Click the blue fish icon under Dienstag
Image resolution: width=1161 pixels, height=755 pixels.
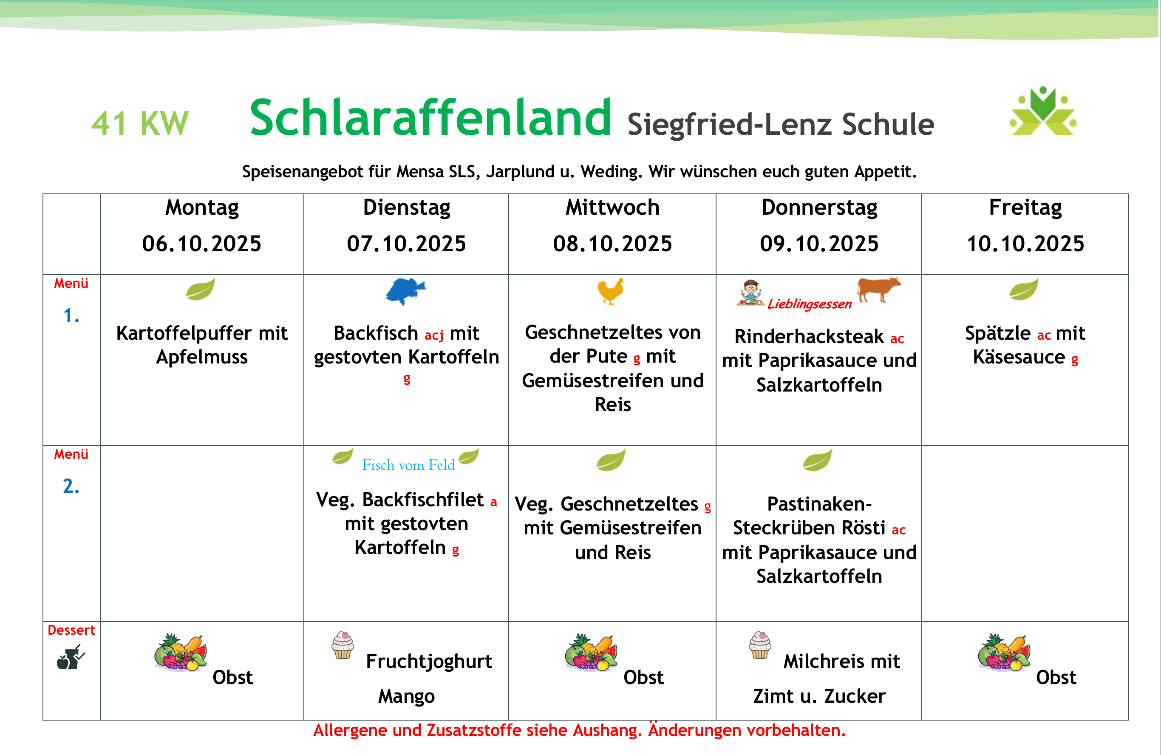pos(405,291)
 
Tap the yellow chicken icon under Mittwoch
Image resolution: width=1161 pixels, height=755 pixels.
pos(610,291)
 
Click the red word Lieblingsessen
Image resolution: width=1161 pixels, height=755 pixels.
pos(809,304)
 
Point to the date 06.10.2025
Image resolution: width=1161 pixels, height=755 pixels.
pos(201,244)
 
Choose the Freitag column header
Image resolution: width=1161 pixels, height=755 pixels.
pos(1025,207)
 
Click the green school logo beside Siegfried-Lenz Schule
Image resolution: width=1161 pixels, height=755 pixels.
pos(1043,111)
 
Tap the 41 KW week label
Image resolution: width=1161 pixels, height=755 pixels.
pos(139,123)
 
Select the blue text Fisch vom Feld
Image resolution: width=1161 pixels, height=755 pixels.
pos(408,465)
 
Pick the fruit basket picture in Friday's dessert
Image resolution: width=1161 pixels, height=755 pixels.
pos(1004,652)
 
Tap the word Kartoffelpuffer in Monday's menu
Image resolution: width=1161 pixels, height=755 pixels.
pos(184,333)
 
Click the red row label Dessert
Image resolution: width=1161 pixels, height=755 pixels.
pos(71,630)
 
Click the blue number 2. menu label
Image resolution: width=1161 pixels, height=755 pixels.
pos(71,486)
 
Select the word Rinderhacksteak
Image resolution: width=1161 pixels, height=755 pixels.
pos(809,337)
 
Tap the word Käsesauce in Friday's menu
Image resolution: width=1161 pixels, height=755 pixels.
pos(1019,357)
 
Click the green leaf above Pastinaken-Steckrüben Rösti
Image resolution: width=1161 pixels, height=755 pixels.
pos(817,460)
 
